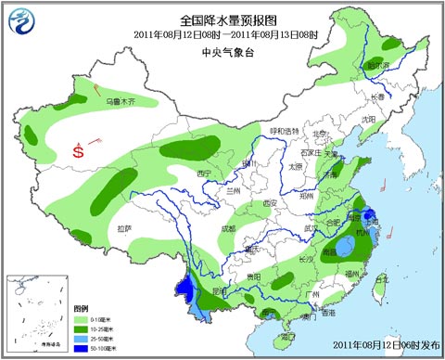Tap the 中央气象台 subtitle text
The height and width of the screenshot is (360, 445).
[222, 52]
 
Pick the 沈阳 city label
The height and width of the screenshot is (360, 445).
[368, 119]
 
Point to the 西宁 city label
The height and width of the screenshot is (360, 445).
[205, 174]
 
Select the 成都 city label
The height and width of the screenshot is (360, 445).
[228, 228]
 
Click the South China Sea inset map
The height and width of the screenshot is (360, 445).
[36, 312]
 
